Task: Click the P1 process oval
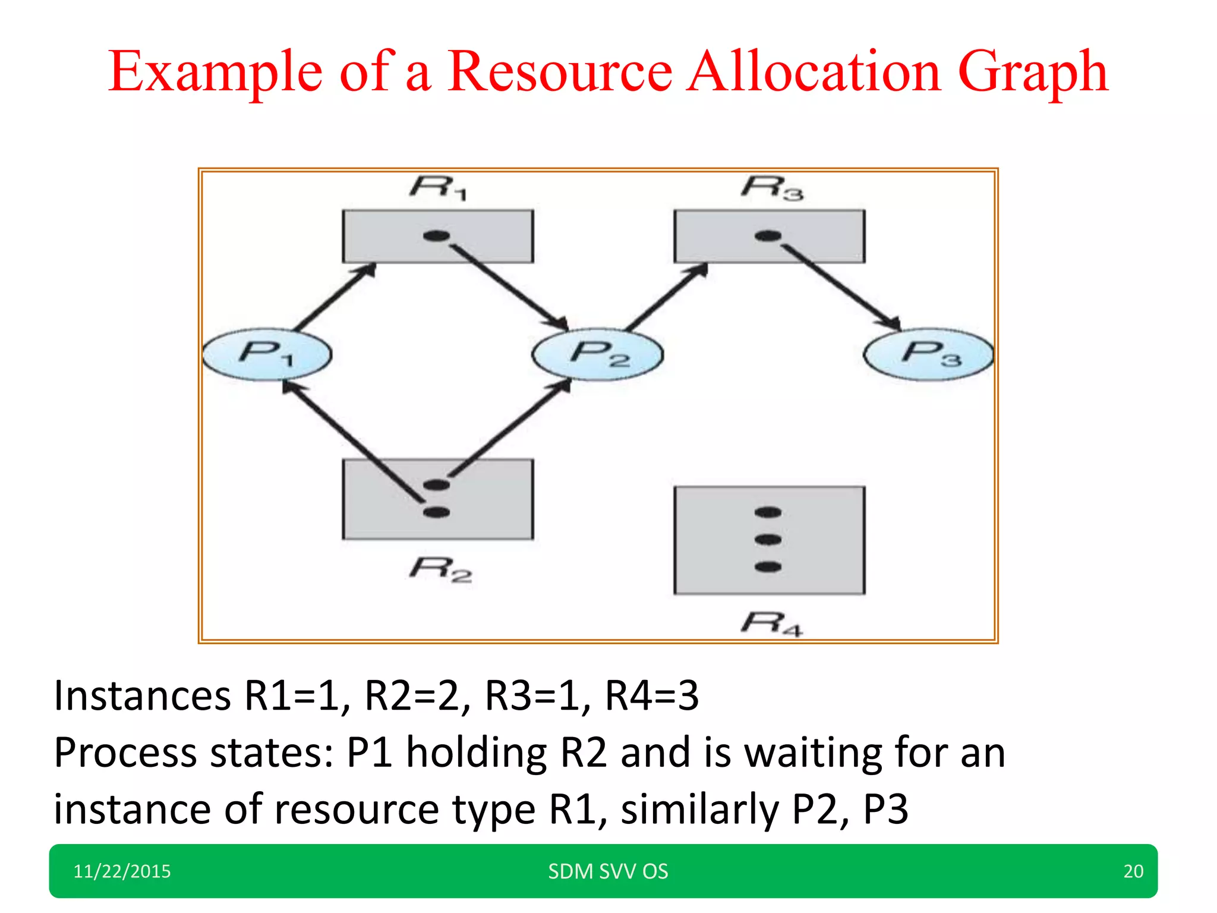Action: pyautogui.click(x=267, y=354)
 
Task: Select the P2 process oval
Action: pyautogui.click(x=598, y=354)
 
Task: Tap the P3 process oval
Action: pyautogui.click(x=928, y=354)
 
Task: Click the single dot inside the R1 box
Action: pyautogui.click(x=437, y=236)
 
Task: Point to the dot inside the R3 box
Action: pyautogui.click(x=768, y=236)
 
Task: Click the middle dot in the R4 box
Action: pyautogui.click(x=768, y=540)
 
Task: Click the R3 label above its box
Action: pyautogui.click(x=772, y=188)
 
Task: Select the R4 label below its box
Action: pyautogui.click(x=772, y=624)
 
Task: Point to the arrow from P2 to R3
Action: pyautogui.click(x=667, y=297)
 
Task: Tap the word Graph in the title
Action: pyautogui.click(x=1033, y=73)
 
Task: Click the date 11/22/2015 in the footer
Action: pyautogui.click(x=122, y=871)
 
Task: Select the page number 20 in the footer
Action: pyautogui.click(x=1133, y=871)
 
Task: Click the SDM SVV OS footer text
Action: pyautogui.click(x=608, y=871)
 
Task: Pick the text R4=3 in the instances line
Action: pyautogui.click(x=651, y=695)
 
